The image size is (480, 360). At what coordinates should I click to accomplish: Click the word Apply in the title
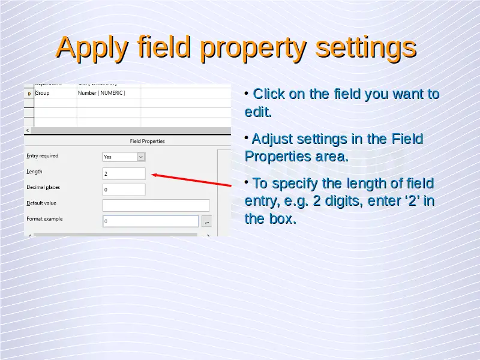pyautogui.click(x=92, y=48)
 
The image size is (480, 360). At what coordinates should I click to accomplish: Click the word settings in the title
pyautogui.click(x=366, y=47)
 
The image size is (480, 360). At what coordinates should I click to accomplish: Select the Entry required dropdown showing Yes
pyautogui.click(x=124, y=157)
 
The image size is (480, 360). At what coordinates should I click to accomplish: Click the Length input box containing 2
pyautogui.click(x=124, y=173)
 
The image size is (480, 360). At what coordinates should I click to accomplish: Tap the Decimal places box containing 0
pyautogui.click(x=124, y=190)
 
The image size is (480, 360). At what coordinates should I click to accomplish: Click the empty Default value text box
pyautogui.click(x=156, y=205)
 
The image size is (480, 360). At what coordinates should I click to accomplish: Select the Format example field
pyautogui.click(x=151, y=221)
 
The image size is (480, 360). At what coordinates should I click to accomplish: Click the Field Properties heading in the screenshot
pyautogui.click(x=147, y=141)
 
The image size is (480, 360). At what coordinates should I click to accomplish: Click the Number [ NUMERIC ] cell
pyautogui.click(x=101, y=93)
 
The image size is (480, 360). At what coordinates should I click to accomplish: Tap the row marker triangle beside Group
pyautogui.click(x=29, y=94)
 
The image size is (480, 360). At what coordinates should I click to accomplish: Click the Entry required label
pyautogui.click(x=42, y=156)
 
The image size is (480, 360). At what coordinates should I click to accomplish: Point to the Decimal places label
pyautogui.click(x=43, y=187)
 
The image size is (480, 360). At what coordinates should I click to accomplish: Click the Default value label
pyautogui.click(x=41, y=203)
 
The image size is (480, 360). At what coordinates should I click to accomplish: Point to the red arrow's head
pyautogui.click(x=152, y=175)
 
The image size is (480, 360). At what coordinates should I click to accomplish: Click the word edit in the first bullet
pyautogui.click(x=258, y=112)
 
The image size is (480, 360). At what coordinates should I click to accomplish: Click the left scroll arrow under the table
pyautogui.click(x=28, y=130)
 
